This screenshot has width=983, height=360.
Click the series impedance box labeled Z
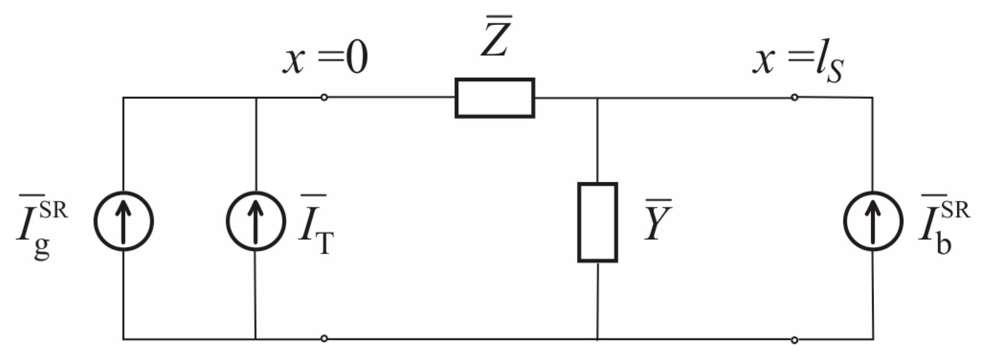point(494,98)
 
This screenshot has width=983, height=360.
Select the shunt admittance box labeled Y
point(597,222)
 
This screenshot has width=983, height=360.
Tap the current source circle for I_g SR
point(123,221)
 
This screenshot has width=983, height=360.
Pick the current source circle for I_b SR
point(872,221)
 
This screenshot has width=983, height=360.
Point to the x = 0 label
point(325,61)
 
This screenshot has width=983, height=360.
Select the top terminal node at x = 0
point(324,98)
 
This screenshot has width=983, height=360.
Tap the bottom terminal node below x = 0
point(324,339)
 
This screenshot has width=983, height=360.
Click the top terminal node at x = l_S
point(794,98)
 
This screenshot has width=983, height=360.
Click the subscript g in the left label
point(42,248)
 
